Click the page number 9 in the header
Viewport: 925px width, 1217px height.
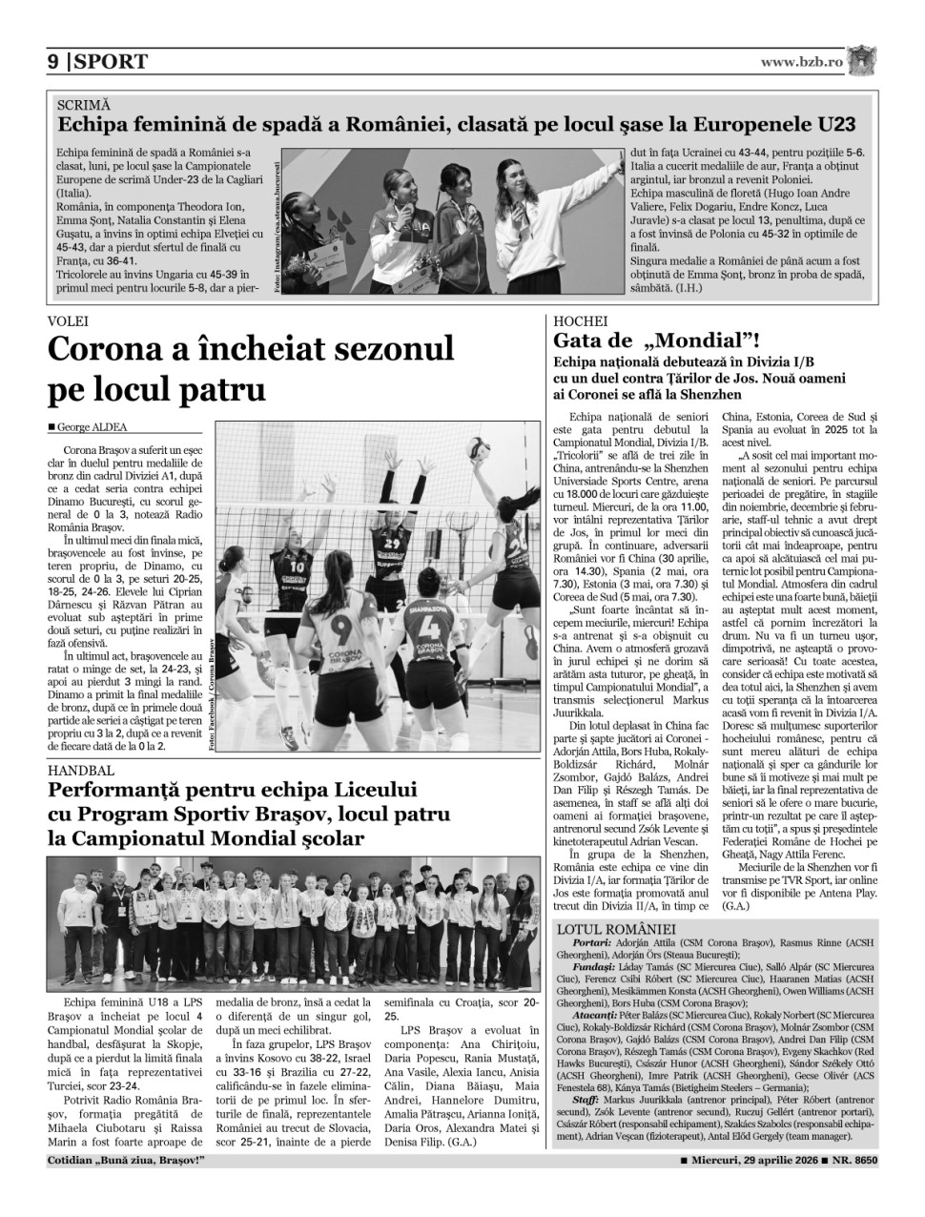tap(54, 62)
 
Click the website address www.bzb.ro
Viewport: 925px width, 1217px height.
tap(801, 62)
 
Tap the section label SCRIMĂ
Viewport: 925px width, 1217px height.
tap(84, 105)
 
